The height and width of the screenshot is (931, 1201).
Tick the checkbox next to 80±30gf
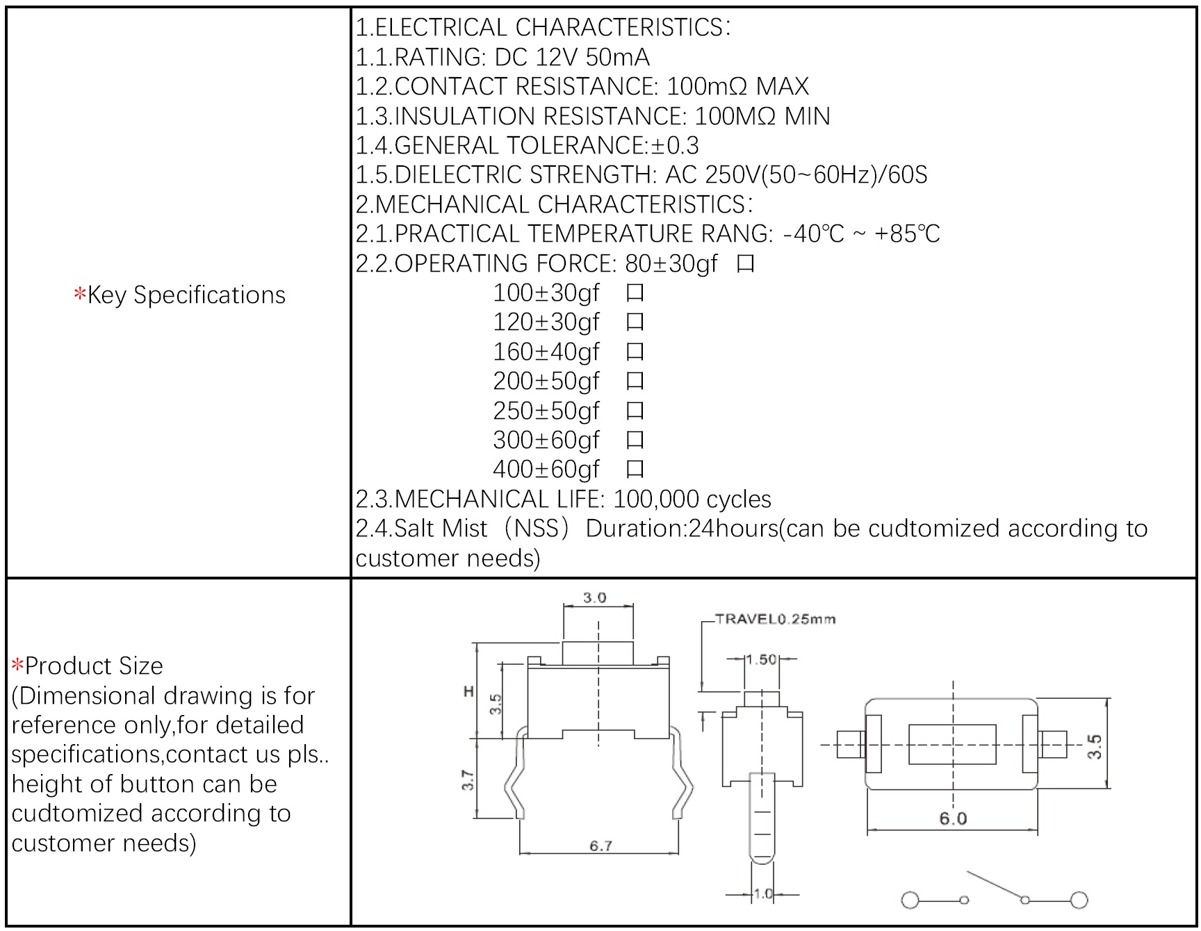coord(745,264)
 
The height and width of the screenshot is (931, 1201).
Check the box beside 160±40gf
coord(635,352)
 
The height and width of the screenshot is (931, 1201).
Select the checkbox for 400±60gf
coord(635,470)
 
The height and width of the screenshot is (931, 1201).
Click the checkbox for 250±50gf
coord(635,411)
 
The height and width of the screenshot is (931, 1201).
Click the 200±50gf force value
coord(546,381)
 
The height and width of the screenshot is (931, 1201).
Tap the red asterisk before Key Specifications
coord(79,295)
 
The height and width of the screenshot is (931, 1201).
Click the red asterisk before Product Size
coord(17,666)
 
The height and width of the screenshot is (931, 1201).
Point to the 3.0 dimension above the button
coord(594,598)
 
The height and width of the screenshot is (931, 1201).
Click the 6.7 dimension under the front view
coord(600,846)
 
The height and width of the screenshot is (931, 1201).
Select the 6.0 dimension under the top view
coord(953,818)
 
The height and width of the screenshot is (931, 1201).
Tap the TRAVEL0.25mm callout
coord(775,619)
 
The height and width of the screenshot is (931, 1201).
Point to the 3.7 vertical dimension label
coord(468,780)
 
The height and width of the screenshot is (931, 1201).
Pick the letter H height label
coord(468,691)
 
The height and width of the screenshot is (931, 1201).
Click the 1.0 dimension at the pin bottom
coord(763,894)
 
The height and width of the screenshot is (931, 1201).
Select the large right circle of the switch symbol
coord(1079,900)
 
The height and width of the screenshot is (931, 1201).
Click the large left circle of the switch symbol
coord(910,900)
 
